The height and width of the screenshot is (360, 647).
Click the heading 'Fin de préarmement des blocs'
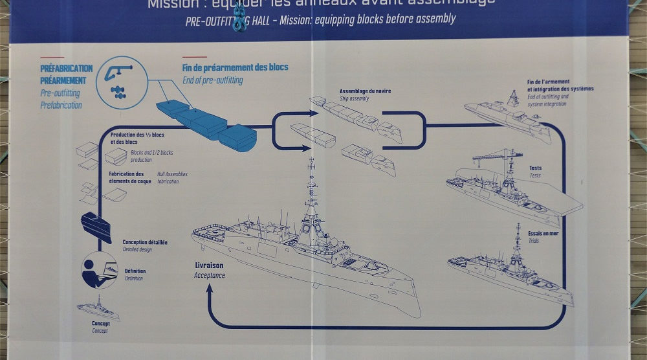point(235,67)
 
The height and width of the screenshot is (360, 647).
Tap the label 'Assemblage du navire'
point(365,91)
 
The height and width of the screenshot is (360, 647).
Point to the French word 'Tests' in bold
point(535,168)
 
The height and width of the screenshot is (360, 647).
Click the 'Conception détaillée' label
point(145,242)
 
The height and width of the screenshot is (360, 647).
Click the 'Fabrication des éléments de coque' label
point(126,177)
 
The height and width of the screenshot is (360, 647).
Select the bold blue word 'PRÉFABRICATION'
point(67,69)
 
